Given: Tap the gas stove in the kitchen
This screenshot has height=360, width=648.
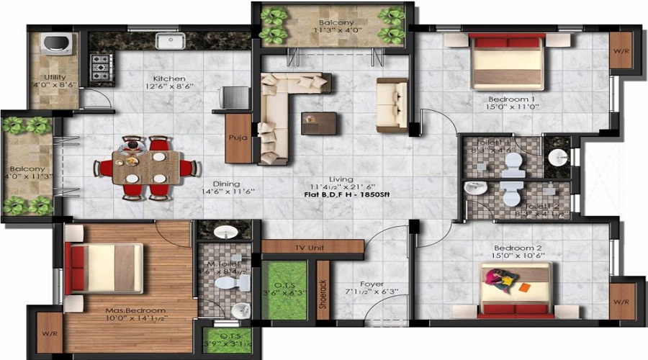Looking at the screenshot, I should point(99,68).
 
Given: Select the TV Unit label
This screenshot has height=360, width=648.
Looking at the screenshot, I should point(312,248).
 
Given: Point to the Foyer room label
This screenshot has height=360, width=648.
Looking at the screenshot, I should point(372,284).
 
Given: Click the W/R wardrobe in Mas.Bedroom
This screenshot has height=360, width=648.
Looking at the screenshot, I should point(48,332).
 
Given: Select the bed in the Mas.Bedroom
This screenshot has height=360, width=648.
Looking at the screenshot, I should point(104,258).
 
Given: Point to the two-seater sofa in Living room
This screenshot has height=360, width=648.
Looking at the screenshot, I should point(392,104).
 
